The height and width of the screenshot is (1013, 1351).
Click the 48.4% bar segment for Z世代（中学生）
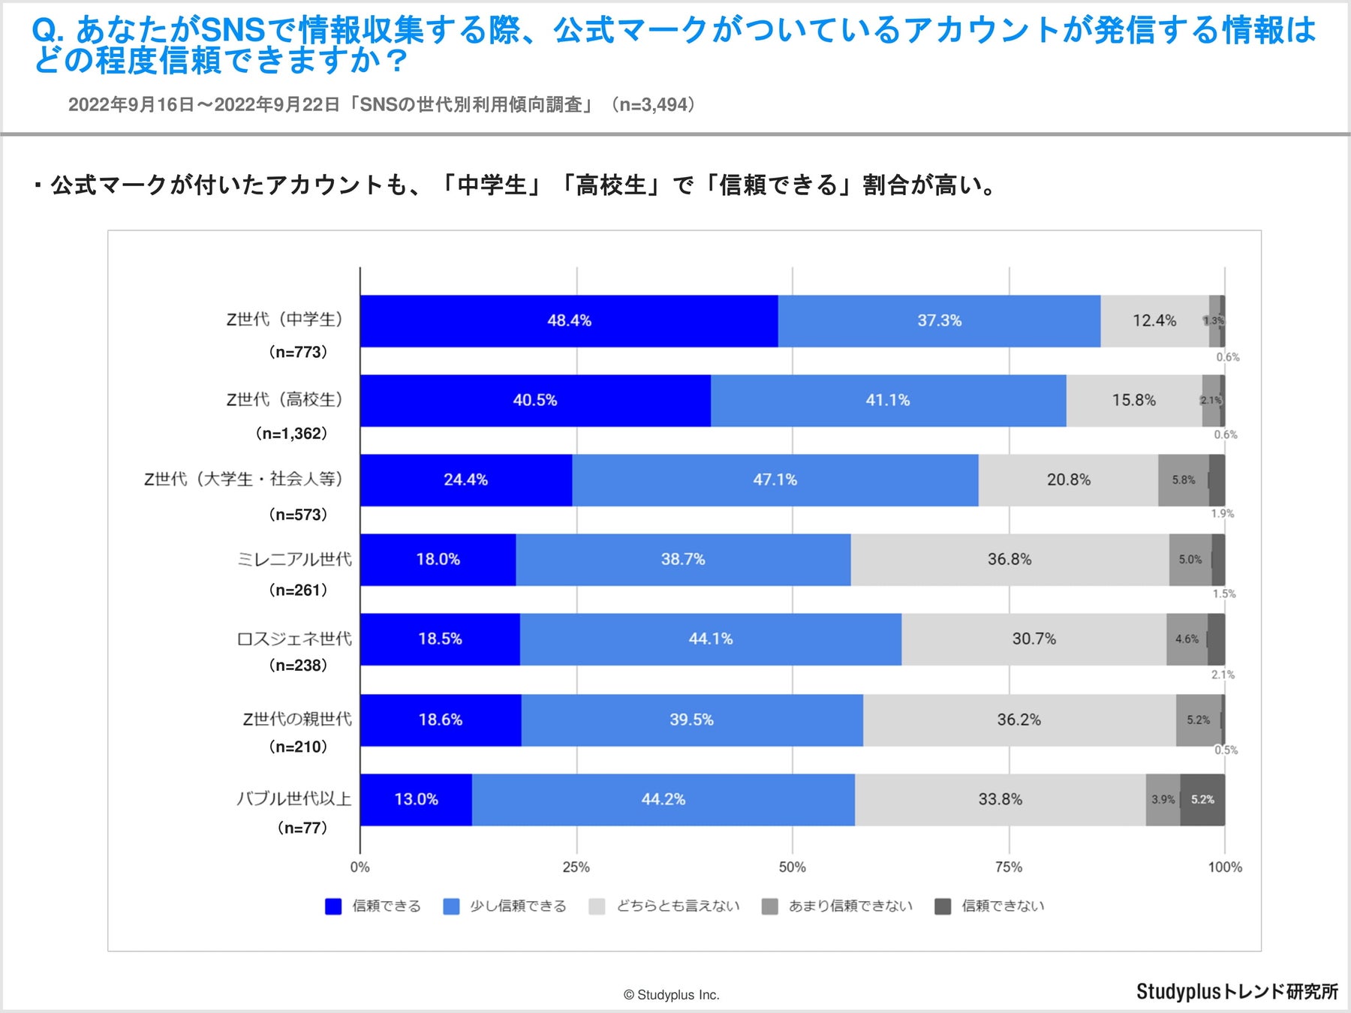pyautogui.click(x=569, y=321)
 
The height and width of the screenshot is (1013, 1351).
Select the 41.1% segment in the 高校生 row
pyautogui.click(x=888, y=401)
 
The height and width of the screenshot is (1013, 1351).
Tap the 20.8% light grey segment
pyautogui.click(x=1068, y=480)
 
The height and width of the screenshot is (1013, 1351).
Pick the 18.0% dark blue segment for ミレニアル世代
pyautogui.click(x=438, y=560)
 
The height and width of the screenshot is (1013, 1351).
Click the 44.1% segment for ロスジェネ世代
pyautogui.click(x=710, y=639)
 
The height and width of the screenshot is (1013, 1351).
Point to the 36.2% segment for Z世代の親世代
pyautogui.click(x=1019, y=720)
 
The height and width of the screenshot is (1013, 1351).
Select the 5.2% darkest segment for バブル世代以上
pyautogui.click(x=1202, y=800)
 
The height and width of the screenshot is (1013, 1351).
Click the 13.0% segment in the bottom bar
pyautogui.click(x=417, y=800)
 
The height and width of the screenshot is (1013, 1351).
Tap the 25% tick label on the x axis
pyautogui.click(x=576, y=867)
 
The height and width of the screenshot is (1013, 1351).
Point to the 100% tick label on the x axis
pyautogui.click(x=1224, y=867)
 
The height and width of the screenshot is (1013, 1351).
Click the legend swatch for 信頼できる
pyautogui.click(x=332, y=906)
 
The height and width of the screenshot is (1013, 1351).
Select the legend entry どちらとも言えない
pyautogui.click(x=678, y=906)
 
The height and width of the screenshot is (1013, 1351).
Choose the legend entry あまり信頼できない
pyautogui.click(x=850, y=906)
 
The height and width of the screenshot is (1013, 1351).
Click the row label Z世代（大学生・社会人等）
pyautogui.click(x=243, y=479)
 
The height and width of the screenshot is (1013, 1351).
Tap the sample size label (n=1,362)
pyautogui.click(x=291, y=434)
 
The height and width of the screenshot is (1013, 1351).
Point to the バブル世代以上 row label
pyautogui.click(x=294, y=798)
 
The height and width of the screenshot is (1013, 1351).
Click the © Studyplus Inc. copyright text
pyautogui.click(x=671, y=995)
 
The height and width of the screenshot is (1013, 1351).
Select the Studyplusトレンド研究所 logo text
pyautogui.click(x=1237, y=991)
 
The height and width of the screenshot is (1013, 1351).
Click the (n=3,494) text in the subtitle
pyautogui.click(x=652, y=104)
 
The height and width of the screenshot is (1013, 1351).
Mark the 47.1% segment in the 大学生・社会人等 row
pyautogui.click(x=775, y=480)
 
